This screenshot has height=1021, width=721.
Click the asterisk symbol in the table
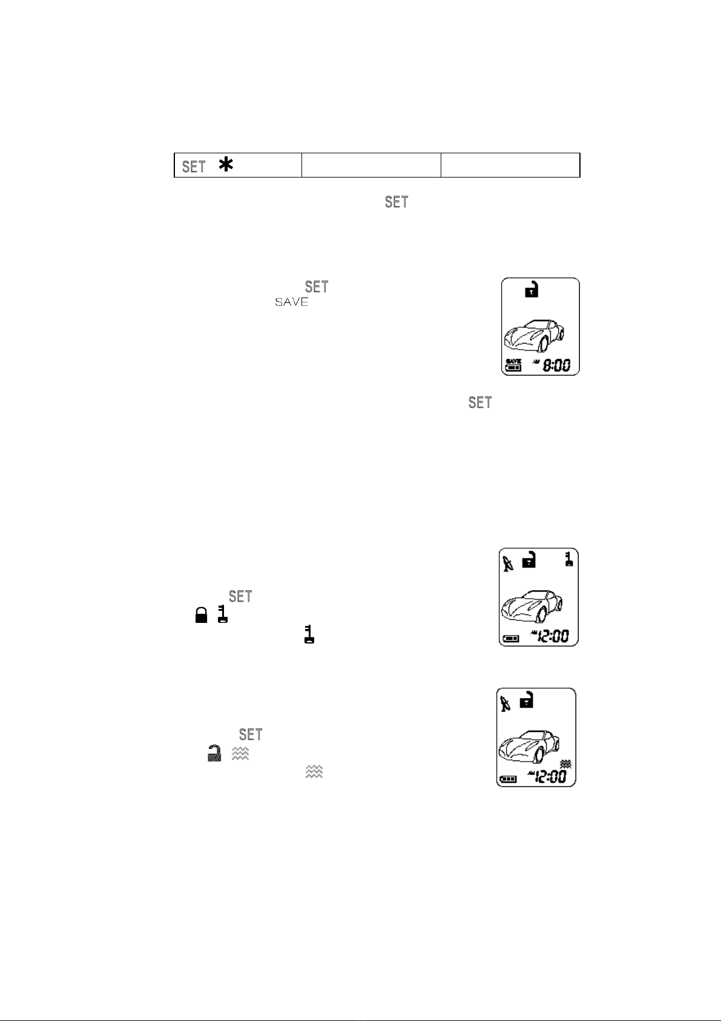[226, 165]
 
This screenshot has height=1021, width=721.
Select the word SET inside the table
[194, 167]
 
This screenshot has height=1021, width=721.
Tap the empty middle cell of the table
[371, 165]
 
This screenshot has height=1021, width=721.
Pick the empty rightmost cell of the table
[510, 165]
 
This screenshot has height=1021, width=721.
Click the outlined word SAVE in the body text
[292, 302]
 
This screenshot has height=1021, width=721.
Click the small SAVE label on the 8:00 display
[513, 361]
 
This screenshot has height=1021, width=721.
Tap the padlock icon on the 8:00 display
[531, 289]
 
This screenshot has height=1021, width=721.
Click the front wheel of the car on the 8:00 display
[543, 344]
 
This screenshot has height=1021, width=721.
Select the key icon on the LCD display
[569, 559]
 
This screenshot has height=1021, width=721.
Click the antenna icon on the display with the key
[509, 564]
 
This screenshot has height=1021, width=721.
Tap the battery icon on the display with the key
[510, 638]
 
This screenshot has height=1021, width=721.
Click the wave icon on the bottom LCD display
[566, 763]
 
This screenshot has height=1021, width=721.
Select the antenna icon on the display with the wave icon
[505, 703]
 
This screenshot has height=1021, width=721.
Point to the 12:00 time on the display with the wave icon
[550, 776]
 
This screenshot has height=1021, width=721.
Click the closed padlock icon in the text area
[200, 616]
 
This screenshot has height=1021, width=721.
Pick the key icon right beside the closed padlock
[222, 614]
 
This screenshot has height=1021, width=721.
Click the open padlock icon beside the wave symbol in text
[214, 753]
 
